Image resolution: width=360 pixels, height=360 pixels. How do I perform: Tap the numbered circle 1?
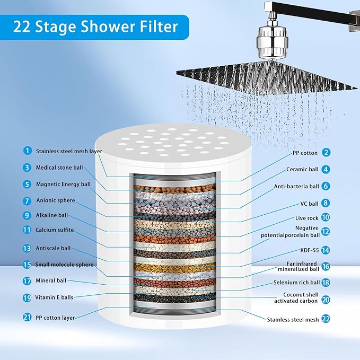27,151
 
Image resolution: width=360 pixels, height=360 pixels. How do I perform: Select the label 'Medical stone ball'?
60,168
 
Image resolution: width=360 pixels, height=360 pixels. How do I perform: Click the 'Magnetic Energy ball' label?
63,184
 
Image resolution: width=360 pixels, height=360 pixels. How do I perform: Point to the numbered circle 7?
27,201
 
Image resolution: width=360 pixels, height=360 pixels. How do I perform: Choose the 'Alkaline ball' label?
52,215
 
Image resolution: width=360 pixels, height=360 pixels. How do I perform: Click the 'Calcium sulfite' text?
55,230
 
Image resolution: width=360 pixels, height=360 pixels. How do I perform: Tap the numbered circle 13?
27,248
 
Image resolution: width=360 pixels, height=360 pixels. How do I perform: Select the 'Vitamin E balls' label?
55,297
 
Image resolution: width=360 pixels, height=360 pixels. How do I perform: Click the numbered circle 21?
27,317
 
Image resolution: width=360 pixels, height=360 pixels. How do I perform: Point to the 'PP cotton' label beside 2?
304,153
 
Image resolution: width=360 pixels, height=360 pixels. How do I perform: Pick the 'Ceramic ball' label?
301,170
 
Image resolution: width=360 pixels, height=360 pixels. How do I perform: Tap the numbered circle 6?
326,187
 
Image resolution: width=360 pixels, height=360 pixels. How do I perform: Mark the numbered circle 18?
326,283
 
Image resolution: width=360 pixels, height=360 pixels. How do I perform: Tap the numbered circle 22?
326,319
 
